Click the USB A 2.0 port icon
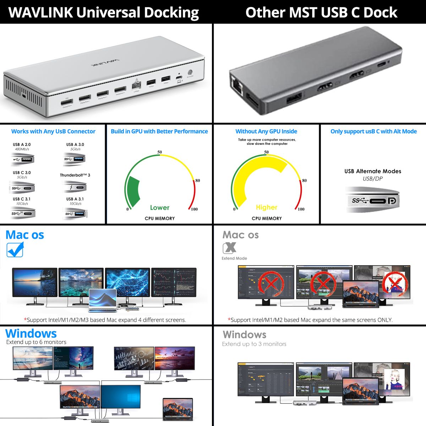point(23,159)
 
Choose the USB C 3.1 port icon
point(22,213)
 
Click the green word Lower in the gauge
point(159,208)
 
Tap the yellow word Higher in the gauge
point(266,207)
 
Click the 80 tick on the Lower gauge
point(197,180)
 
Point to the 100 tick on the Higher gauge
point(301,209)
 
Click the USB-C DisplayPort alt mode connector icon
point(373,201)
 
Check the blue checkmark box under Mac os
point(15,250)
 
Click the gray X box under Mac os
point(229,247)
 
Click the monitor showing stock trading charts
point(174,283)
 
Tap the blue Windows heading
point(31,334)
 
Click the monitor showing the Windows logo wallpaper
point(121,398)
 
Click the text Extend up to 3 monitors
point(254,344)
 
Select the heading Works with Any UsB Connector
point(53,131)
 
